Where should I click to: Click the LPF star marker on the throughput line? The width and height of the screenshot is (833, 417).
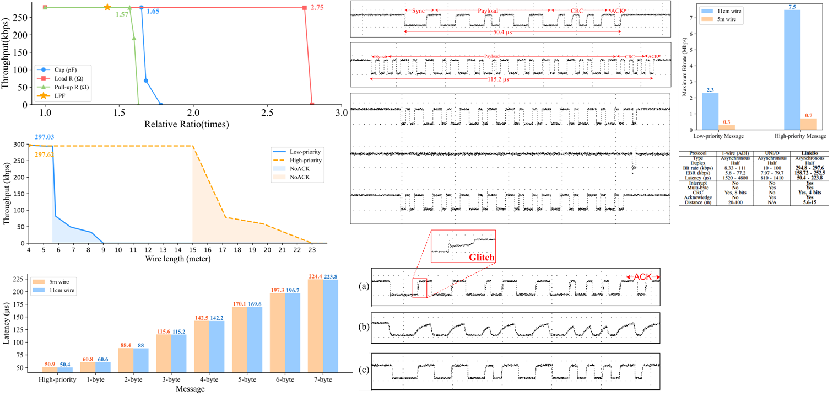pos(107,8)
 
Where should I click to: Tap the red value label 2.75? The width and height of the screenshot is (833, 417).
pos(317,8)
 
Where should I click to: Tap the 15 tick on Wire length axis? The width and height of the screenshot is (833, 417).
pos(192,250)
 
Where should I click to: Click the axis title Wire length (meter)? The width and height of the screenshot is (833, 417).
pos(177,258)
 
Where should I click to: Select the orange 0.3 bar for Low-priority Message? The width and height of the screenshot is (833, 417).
pos(726,127)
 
